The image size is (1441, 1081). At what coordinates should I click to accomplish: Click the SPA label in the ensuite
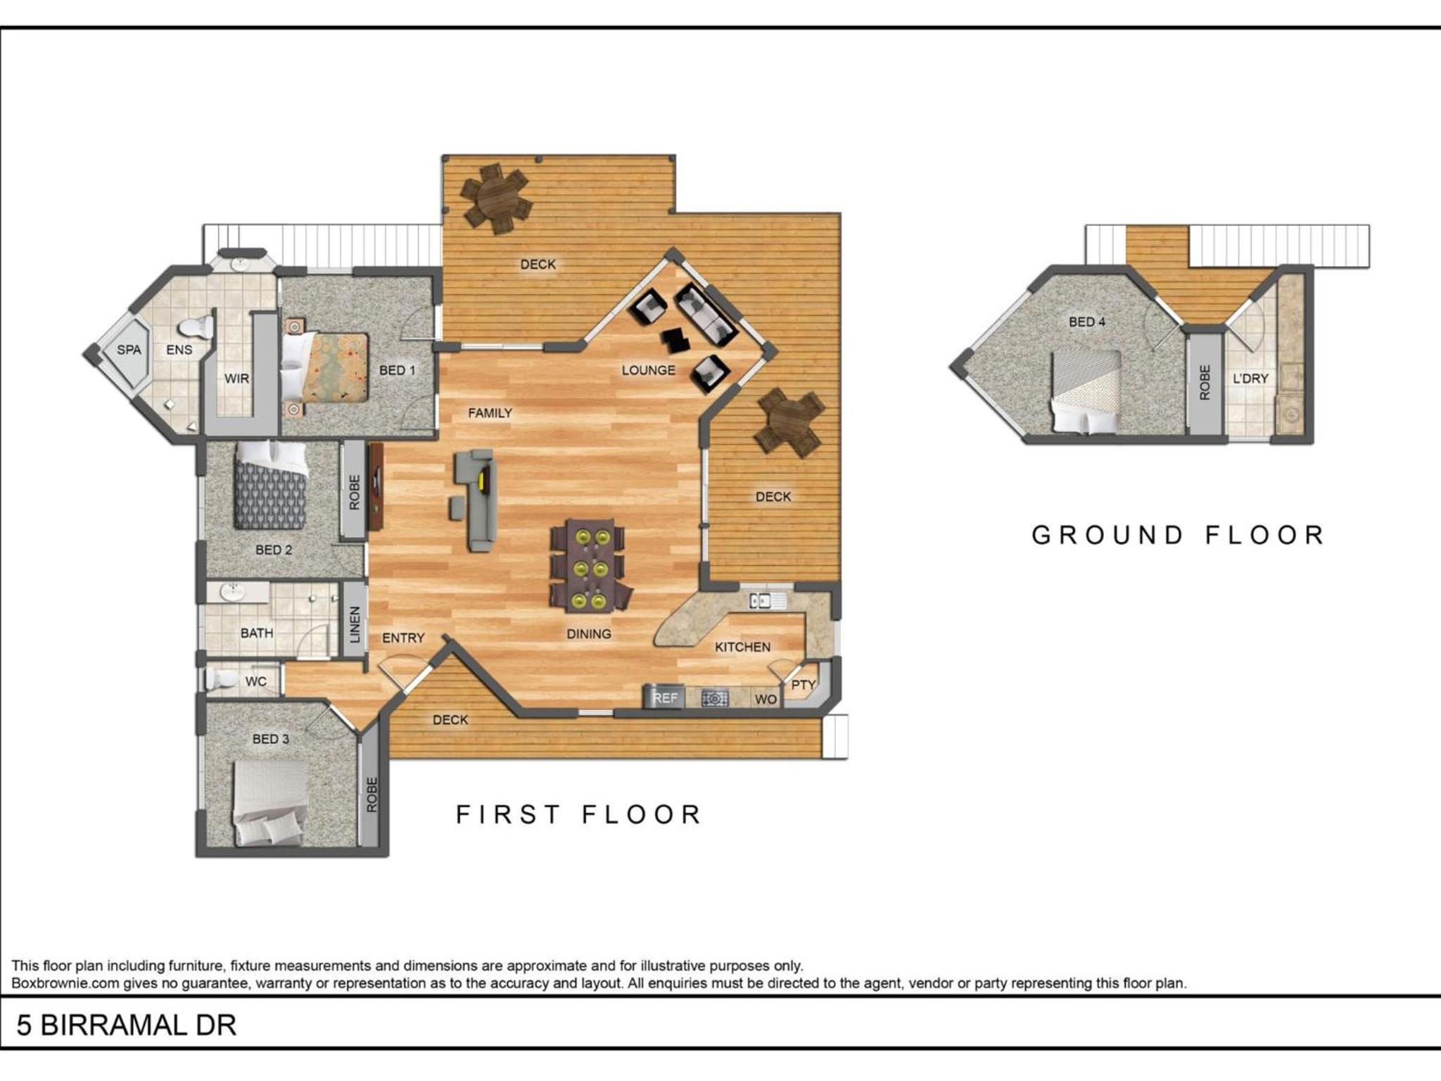click(129, 350)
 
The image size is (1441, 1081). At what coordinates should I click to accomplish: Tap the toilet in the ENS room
click(196, 327)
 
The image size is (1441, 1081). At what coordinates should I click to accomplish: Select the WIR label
click(236, 379)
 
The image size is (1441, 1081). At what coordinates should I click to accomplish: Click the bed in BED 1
click(325, 367)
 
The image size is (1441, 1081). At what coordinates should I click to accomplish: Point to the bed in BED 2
click(271, 485)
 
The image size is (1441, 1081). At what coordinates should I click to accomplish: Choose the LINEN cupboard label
click(355, 624)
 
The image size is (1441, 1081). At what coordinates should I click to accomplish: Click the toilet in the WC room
click(222, 680)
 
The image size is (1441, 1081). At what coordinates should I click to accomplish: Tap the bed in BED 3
click(270, 803)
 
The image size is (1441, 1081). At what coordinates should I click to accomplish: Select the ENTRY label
click(403, 638)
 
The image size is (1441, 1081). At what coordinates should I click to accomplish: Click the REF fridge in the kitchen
click(664, 697)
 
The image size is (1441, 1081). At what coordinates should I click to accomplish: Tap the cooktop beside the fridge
click(714, 698)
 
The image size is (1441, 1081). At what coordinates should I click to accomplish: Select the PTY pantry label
click(803, 685)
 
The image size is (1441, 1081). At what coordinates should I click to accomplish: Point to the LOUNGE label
click(649, 370)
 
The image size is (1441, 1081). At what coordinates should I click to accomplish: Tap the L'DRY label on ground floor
click(1250, 379)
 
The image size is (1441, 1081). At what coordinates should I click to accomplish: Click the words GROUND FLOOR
click(1179, 535)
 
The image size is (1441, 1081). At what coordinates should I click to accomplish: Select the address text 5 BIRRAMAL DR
click(127, 1026)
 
